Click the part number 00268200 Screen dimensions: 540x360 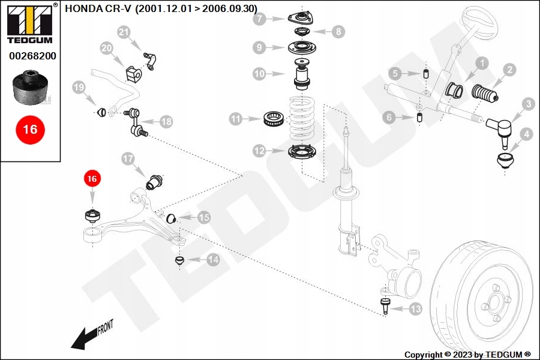pos(32,56)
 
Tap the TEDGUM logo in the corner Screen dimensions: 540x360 pos(30,24)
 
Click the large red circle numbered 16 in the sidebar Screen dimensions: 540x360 pos(30,130)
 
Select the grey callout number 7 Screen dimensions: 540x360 pos(259,19)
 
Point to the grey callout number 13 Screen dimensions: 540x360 pos(415,309)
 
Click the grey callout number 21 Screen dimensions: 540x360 pos(124,32)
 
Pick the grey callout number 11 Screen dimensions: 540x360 pos(236,119)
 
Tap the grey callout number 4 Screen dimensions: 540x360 pos(527,134)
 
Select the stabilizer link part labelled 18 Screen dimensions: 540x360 pos(136,121)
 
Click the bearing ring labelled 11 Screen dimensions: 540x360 pos(274,119)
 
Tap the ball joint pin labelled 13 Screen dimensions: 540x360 pos(385,306)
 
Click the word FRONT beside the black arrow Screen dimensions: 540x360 pos(105,327)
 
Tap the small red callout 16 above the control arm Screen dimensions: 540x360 pos(92,178)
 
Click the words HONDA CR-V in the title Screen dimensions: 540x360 pos(98,8)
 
